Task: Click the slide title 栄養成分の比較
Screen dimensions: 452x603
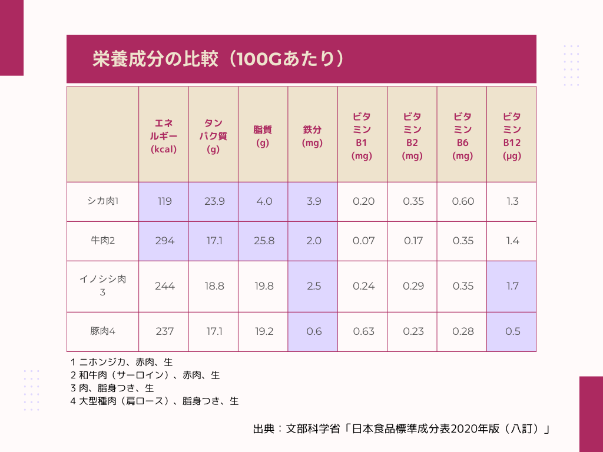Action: pos(218,59)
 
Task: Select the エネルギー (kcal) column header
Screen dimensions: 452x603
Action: pos(164,136)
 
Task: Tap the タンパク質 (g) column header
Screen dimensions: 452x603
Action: pos(213,136)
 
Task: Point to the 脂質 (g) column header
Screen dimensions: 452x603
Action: pos(263,136)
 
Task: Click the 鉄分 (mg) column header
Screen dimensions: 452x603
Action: pos(312,136)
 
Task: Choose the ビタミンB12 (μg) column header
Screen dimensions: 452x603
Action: pos(511,136)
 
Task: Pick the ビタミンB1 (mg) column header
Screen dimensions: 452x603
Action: pos(362,136)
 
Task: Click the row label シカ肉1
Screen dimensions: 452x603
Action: pos(102,201)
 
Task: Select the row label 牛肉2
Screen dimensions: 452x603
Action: pos(102,241)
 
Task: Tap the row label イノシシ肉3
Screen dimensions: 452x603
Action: pos(102,285)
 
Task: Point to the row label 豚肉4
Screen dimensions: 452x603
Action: pos(102,331)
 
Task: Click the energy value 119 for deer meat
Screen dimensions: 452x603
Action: pos(164,201)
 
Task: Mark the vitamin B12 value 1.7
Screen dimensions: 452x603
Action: pos(512,286)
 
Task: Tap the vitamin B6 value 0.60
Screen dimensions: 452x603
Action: pos(463,201)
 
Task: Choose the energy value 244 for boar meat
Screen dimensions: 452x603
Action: pos(164,286)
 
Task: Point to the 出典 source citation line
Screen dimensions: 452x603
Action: pos(401,429)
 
